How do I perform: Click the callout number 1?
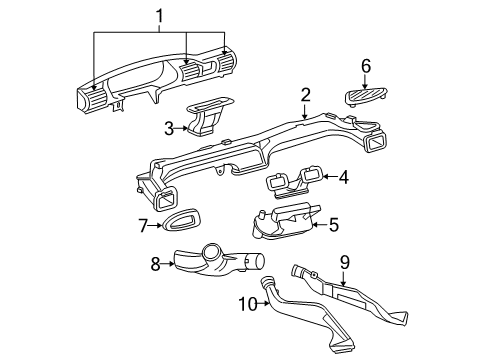(x=156, y=17)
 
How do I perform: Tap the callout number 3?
(x=170, y=127)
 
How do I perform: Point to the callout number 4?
(x=343, y=178)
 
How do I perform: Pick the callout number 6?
(x=366, y=66)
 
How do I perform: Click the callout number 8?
(x=156, y=265)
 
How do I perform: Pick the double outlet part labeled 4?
(x=292, y=180)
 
